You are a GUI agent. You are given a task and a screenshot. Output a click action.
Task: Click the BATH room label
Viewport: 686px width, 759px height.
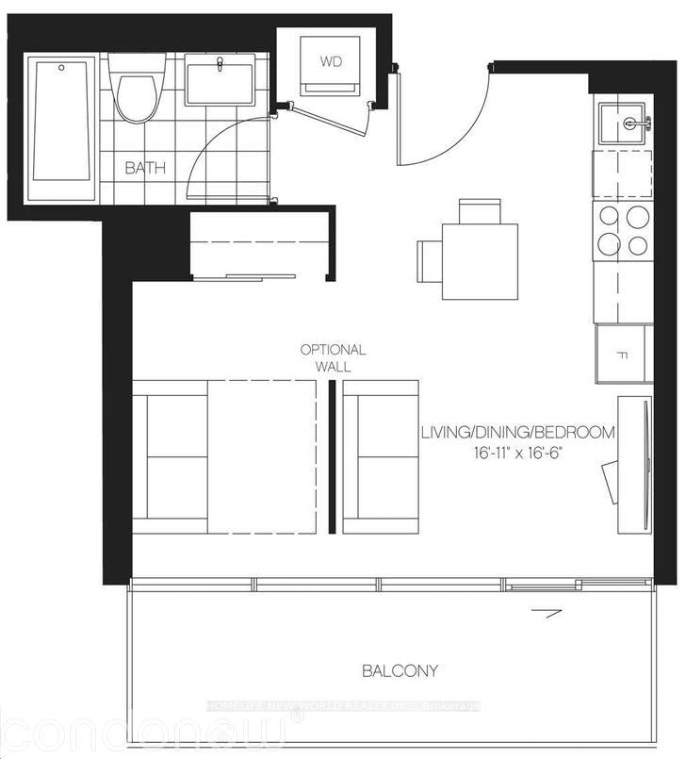[146, 169]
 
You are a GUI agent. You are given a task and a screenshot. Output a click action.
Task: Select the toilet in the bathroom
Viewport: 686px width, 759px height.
[136, 89]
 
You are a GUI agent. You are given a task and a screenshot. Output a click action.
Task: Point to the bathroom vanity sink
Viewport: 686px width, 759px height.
[220, 79]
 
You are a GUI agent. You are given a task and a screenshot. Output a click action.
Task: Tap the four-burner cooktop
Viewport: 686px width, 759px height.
[623, 231]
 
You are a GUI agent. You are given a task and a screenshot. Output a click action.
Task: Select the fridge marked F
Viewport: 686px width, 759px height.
[623, 355]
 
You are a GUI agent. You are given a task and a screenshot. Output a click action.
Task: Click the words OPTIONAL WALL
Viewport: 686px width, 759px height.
[332, 357]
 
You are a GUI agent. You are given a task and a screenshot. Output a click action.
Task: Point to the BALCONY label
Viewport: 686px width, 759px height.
[400, 671]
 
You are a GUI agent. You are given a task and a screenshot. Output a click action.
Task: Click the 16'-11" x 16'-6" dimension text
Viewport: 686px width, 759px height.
[518, 454]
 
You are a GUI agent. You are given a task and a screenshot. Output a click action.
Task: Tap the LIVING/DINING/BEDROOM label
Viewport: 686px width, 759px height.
[518, 433]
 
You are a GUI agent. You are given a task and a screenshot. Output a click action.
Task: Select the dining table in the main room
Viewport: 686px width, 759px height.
[480, 261]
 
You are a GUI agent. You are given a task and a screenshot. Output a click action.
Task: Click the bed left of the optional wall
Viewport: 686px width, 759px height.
[224, 456]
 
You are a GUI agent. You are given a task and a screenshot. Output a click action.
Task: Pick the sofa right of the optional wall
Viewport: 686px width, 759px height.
[381, 456]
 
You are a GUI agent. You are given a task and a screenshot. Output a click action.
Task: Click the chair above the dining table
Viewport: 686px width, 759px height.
[480, 210]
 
